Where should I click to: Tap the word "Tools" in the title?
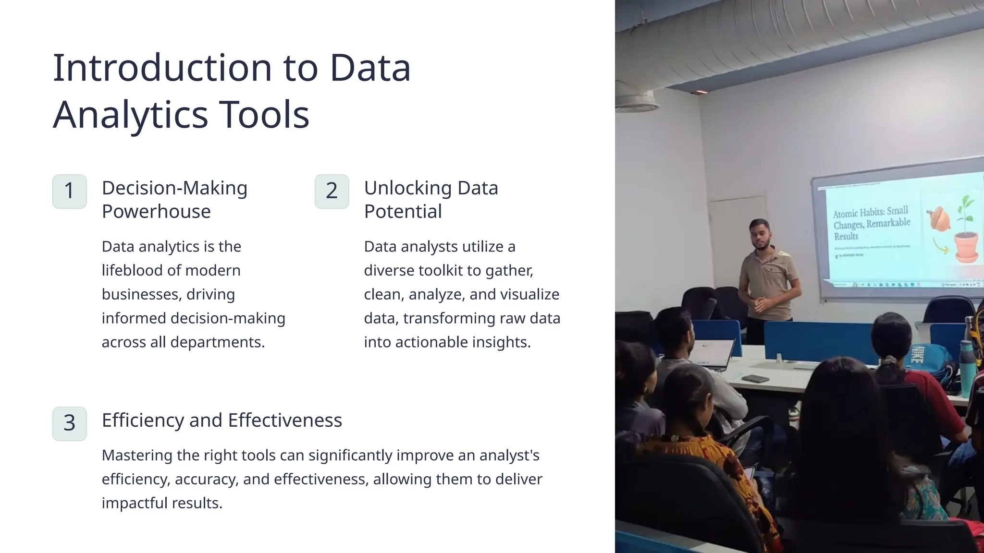tap(264, 115)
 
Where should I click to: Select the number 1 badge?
tap(70, 191)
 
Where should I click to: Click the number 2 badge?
tap(332, 191)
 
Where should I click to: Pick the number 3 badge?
tap(70, 423)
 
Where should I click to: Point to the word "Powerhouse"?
tap(156, 211)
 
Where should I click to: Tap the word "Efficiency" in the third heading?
tap(143, 420)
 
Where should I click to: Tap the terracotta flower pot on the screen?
tap(966, 246)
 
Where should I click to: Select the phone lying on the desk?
tap(755, 379)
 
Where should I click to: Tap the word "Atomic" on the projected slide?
tap(845, 214)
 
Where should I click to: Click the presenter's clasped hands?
tap(759, 303)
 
